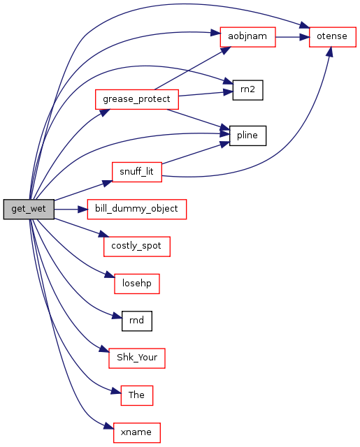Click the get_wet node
[x=29, y=210]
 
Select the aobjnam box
[x=247, y=37]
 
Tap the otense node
[x=333, y=37]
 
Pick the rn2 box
[x=247, y=90]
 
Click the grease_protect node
[x=137, y=99]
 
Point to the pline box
[x=247, y=135]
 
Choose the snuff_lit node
[x=137, y=173]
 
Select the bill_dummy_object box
[x=137, y=210]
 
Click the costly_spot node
[x=137, y=247]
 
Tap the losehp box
[x=137, y=284]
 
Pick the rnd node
[x=137, y=321]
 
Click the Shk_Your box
[x=137, y=358]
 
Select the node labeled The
[x=137, y=395]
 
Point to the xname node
[x=137, y=433]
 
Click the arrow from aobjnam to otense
[x=292, y=37]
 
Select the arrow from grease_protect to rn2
[x=206, y=94]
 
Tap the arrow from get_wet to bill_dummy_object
[x=71, y=210]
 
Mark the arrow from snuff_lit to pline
[x=196, y=154]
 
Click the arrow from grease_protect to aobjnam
[x=192, y=68]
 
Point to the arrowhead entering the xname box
[x=108, y=427]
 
